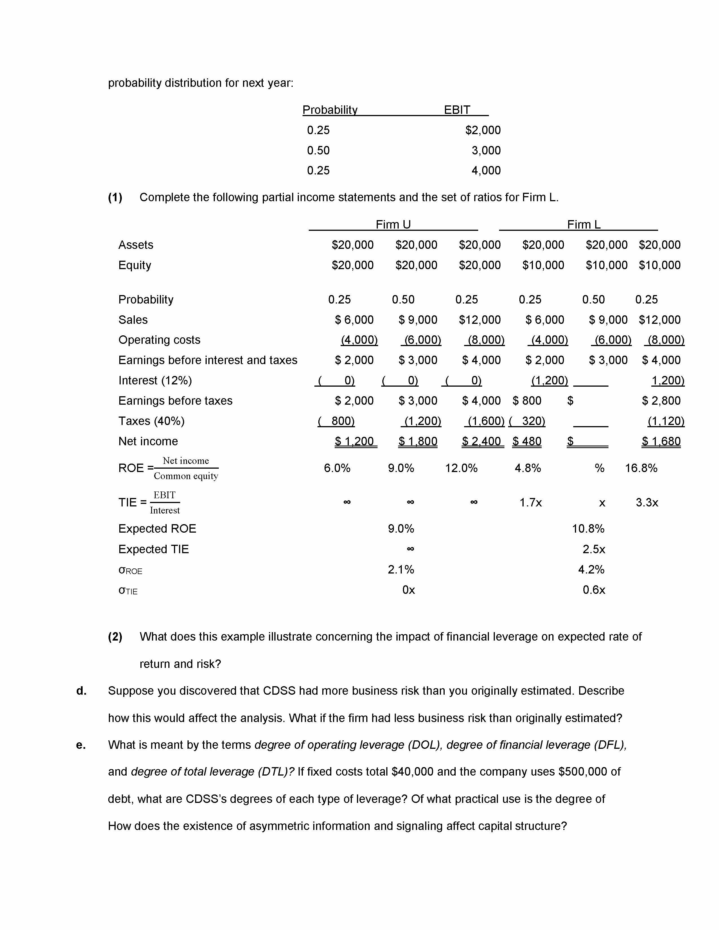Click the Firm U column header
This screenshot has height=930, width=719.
click(393, 224)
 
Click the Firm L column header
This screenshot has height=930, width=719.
click(584, 224)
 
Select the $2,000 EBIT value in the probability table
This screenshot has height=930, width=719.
click(483, 130)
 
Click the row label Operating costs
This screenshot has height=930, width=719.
click(159, 340)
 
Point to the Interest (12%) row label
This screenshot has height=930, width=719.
click(155, 380)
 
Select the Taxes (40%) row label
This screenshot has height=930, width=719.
click(151, 421)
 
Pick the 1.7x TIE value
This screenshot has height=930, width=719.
click(530, 503)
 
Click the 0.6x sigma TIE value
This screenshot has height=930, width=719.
click(594, 590)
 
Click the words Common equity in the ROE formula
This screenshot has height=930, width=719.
click(186, 476)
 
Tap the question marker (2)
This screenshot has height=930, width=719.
click(115, 637)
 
